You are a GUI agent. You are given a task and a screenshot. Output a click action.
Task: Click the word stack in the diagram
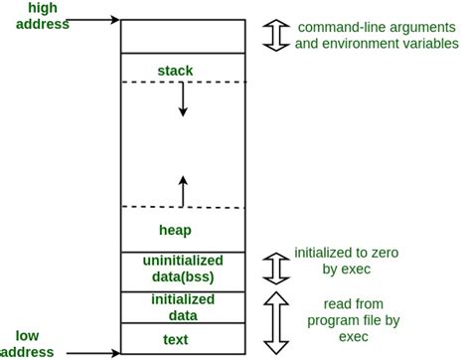pos(175,70)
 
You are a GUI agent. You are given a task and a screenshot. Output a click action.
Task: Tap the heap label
pos(175,230)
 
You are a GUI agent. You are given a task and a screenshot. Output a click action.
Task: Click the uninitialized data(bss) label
pos(182,269)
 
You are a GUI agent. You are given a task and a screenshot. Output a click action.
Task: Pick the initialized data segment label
pos(182,306)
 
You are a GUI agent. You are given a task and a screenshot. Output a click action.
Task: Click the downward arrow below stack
pos(183,100)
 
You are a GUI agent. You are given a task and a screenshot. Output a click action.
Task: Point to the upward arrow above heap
pos(183,190)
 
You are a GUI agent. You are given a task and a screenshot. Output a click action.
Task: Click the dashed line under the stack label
pos(182,82)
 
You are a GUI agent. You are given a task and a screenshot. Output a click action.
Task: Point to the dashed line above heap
pos(182,207)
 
